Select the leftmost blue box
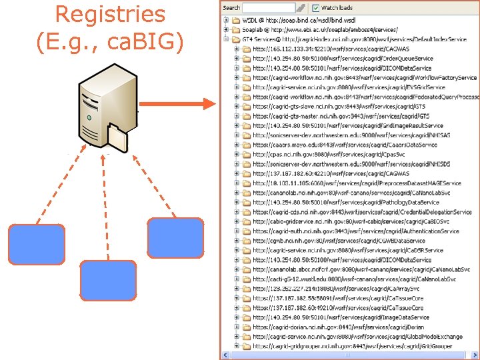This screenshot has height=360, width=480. click(37, 245)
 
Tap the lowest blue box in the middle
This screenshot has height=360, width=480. click(107, 279)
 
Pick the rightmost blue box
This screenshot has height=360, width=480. click(175, 238)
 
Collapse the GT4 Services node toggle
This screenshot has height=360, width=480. click(227, 39)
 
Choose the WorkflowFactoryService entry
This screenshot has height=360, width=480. click(364, 78)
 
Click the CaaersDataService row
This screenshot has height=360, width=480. click(345, 145)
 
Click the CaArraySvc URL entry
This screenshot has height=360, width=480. click(336, 289)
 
